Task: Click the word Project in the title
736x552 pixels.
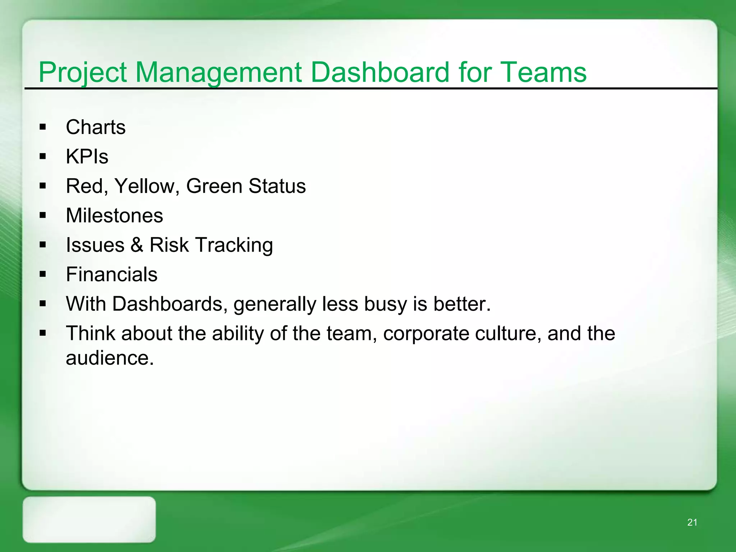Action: click(x=83, y=73)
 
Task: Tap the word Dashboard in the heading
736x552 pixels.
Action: click(x=379, y=72)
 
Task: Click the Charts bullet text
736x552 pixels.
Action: click(x=96, y=127)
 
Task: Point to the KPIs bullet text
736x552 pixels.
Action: click(x=87, y=157)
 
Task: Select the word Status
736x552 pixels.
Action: click(x=277, y=186)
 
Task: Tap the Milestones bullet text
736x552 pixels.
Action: click(x=114, y=216)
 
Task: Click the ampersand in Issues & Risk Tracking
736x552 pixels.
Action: click(x=137, y=245)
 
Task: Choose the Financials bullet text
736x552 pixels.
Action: click(x=111, y=275)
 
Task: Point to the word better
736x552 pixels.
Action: click(x=461, y=304)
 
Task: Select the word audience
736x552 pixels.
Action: click(x=109, y=358)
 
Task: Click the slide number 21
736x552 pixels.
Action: click(x=692, y=523)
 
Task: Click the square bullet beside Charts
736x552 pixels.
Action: click(x=43, y=127)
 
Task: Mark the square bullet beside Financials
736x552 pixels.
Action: click(x=43, y=274)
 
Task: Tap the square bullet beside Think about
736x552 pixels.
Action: click(x=43, y=333)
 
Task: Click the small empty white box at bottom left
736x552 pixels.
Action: click(x=89, y=519)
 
